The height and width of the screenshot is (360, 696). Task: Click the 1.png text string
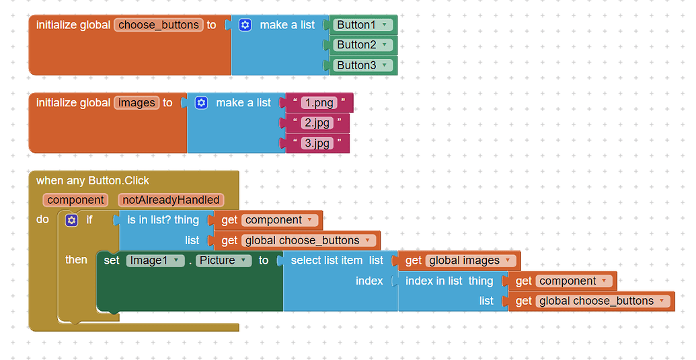(x=319, y=103)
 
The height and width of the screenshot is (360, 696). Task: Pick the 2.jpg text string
(x=317, y=123)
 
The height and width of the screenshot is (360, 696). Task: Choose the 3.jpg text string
(x=317, y=143)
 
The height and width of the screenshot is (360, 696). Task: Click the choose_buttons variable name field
(x=159, y=25)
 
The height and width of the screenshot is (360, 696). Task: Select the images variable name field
(x=137, y=103)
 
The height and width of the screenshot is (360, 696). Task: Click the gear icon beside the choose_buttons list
(x=245, y=25)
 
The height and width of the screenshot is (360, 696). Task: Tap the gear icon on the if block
(x=72, y=220)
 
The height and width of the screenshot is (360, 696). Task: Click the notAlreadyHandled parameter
(x=171, y=200)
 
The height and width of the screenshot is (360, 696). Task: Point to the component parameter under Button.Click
(x=75, y=200)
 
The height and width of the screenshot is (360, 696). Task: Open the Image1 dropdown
(x=155, y=260)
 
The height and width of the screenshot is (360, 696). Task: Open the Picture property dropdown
(x=224, y=260)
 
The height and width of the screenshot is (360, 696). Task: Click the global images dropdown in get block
(x=471, y=260)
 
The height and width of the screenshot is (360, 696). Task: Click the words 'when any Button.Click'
(x=93, y=180)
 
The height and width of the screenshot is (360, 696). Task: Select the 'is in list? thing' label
(x=163, y=220)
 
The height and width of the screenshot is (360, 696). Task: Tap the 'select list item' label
(x=326, y=260)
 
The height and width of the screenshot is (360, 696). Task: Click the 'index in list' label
(x=434, y=281)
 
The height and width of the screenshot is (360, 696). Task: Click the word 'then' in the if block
(x=76, y=260)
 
